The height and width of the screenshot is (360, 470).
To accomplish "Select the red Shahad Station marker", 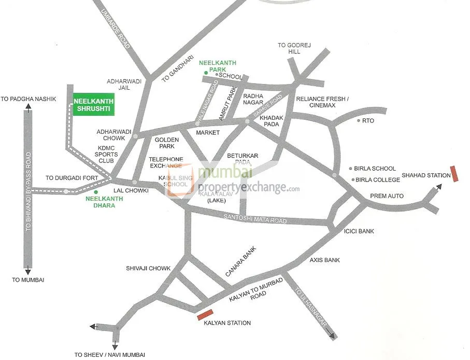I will (x=455, y=174).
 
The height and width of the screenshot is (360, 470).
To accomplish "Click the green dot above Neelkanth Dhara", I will (x=96, y=192).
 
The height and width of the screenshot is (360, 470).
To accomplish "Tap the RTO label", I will (x=368, y=120).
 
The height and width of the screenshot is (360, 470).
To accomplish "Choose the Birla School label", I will (x=376, y=169).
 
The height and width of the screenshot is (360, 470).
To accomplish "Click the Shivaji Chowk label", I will (x=148, y=268).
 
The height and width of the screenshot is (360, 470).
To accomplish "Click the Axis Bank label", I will (x=324, y=260).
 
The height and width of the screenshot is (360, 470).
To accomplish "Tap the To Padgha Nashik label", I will (x=28, y=99).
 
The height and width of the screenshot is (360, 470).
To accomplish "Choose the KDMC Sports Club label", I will (x=108, y=155).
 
